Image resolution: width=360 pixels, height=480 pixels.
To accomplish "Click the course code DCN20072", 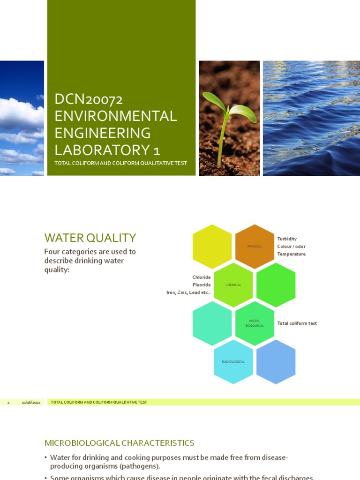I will pyautogui.click(x=89, y=99).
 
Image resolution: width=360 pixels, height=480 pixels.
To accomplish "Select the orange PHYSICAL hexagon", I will pyautogui.click(x=255, y=247).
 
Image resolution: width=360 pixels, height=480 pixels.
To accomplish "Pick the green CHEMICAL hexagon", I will pyautogui.click(x=233, y=285).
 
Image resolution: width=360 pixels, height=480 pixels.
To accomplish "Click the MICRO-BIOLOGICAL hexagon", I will pyautogui.click(x=255, y=323).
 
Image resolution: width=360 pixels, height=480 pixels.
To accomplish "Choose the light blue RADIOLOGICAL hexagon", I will pyautogui.click(x=233, y=362).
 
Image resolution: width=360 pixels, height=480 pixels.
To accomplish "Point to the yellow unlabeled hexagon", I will pyautogui.click(x=212, y=247).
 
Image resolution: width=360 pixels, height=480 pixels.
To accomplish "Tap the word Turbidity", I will pyautogui.click(x=287, y=239).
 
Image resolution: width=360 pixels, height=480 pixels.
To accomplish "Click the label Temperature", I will pyautogui.click(x=291, y=254).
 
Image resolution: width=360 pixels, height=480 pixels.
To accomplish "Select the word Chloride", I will pyautogui.click(x=202, y=277).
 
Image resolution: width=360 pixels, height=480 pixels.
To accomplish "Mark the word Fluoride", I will pyautogui.click(x=202, y=285).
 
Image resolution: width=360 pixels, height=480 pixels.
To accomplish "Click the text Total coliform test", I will pyautogui.click(x=297, y=323).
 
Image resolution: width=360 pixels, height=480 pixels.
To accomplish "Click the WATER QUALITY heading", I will pyautogui.click(x=90, y=238).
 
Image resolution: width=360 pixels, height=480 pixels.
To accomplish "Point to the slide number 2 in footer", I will pyautogui.click(x=8, y=402).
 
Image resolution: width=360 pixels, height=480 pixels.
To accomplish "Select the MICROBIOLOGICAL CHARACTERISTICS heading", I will pyautogui.click(x=119, y=443).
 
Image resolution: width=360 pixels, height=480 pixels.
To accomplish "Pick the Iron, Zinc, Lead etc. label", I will pyautogui.click(x=188, y=292).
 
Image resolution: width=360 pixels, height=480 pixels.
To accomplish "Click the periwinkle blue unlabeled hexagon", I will pyautogui.click(x=276, y=362).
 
